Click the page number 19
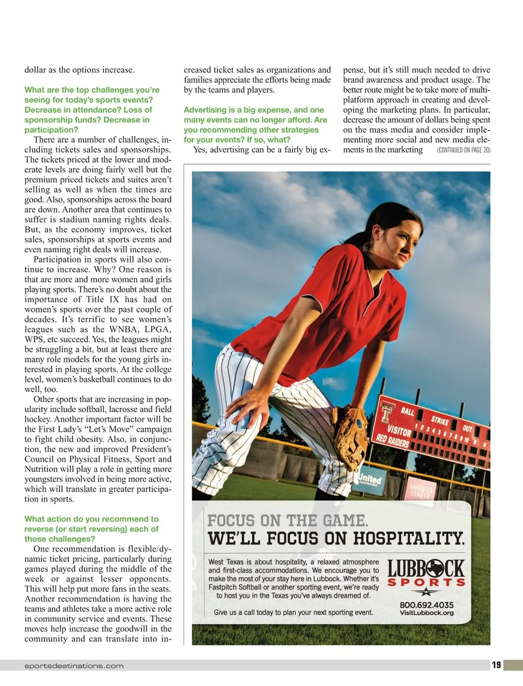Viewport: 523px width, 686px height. (496, 665)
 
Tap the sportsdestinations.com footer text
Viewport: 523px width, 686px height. (74, 666)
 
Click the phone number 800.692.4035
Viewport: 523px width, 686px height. (426, 605)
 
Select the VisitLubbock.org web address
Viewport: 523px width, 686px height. (426, 613)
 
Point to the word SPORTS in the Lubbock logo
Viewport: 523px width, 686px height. (426, 583)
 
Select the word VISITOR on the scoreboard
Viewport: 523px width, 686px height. (399, 423)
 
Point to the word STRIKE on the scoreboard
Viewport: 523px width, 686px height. (440, 420)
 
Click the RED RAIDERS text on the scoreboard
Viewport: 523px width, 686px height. (392, 440)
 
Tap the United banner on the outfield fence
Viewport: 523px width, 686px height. (370, 480)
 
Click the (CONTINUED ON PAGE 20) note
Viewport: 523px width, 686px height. (463, 150)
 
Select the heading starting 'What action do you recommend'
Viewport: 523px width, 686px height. (92, 529)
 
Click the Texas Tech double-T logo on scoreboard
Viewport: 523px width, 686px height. (387, 412)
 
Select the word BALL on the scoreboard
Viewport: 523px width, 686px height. (408, 411)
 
